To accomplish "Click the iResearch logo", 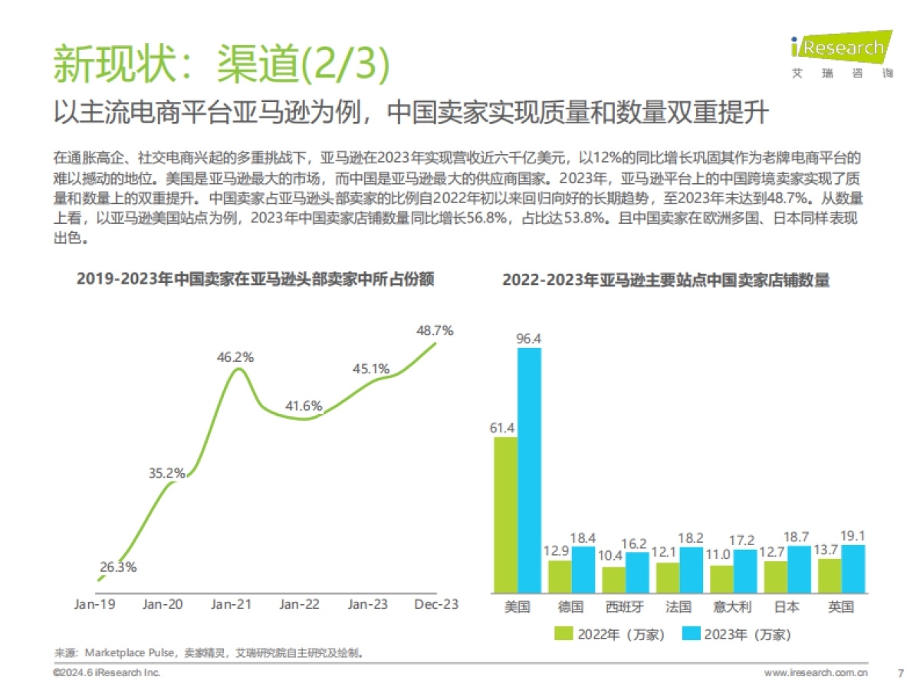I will click(841, 54).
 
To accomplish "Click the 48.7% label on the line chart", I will click(435, 330).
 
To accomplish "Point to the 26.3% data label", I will click(118, 567).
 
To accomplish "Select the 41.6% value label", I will click(304, 406).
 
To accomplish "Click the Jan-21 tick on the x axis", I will click(231, 604).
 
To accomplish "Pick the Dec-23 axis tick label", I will click(435, 604).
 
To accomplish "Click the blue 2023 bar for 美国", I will click(529, 470).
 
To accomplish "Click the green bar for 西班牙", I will click(613, 579).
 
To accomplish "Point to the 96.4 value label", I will click(529, 338).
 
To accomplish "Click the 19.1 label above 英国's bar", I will click(853, 536).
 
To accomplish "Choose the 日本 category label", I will click(787, 606).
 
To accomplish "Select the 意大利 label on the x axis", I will click(733, 606).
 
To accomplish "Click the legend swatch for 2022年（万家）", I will click(563, 633).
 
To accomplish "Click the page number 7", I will click(900, 673).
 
